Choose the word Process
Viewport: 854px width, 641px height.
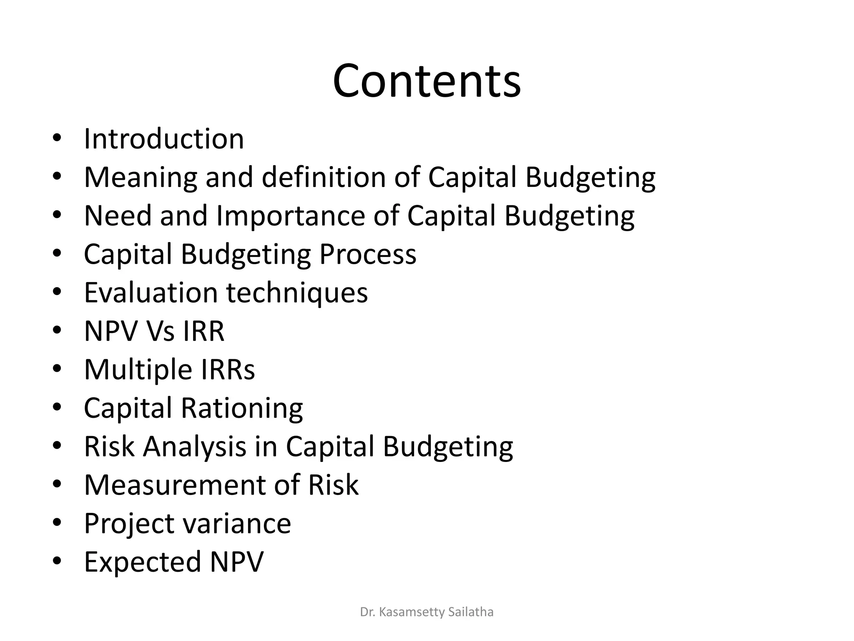(368, 254)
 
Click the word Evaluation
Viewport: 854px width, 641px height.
(151, 293)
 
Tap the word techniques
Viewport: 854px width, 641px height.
(297, 293)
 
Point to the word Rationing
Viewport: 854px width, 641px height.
(242, 408)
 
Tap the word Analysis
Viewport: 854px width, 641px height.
(194, 447)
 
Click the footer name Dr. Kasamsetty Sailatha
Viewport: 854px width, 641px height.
(427, 612)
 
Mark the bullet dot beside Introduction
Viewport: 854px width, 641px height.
(57, 139)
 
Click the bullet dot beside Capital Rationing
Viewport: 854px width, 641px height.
(57, 408)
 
